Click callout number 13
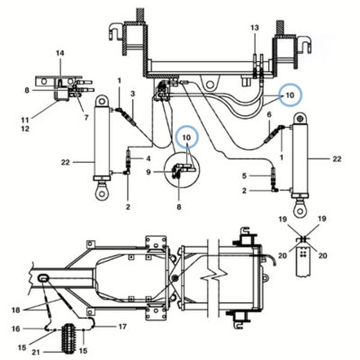click(x=255, y=28)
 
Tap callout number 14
click(x=60, y=53)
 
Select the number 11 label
click(x=25, y=120)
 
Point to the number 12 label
click(x=25, y=129)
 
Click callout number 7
click(x=86, y=118)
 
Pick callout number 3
click(x=132, y=94)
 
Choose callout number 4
click(x=148, y=158)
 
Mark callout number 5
click(x=245, y=175)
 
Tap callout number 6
click(x=269, y=114)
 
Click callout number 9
click(x=148, y=172)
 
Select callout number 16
click(x=16, y=328)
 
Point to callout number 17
click(x=122, y=327)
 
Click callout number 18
click(x=15, y=310)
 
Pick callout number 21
click(x=36, y=353)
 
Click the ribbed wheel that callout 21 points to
click(x=69, y=338)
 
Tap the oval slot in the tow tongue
click(x=43, y=278)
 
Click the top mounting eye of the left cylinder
click(x=102, y=101)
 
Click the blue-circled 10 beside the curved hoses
click(x=290, y=95)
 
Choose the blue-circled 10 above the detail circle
click(x=186, y=138)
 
